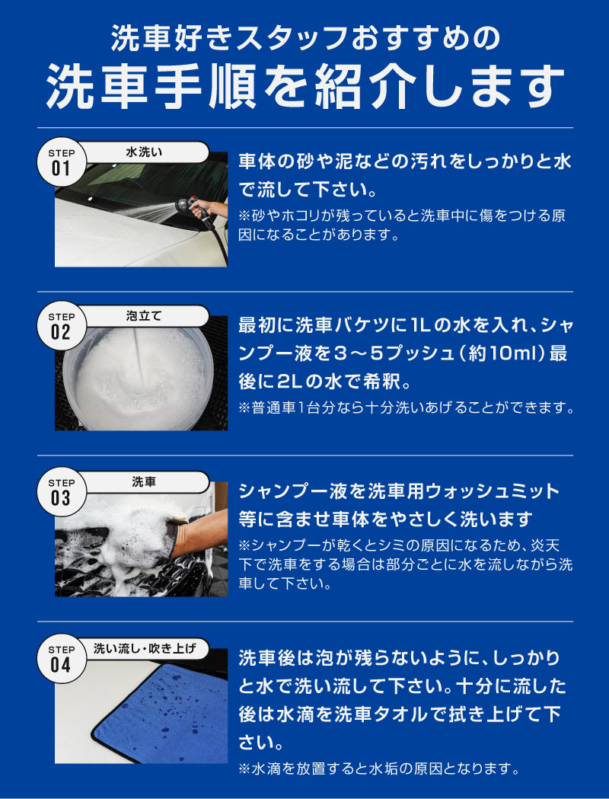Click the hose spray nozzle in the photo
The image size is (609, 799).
tap(187, 206)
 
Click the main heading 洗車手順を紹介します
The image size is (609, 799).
tap(305, 86)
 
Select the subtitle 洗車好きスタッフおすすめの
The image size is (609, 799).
tap(305, 40)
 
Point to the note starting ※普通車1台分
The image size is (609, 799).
tap(407, 408)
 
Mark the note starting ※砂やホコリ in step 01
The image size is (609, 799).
tap(402, 225)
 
